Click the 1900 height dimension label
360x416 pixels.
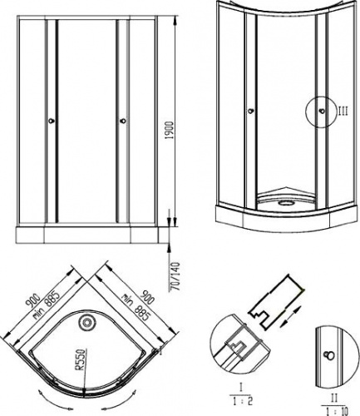click(x=170, y=130)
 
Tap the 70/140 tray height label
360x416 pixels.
click(x=175, y=276)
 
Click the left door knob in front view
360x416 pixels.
click(x=52, y=121)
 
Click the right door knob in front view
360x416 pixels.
click(x=123, y=121)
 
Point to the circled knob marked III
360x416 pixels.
click(x=322, y=111)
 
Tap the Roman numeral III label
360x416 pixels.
click(x=342, y=111)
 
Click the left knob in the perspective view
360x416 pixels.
click(x=251, y=111)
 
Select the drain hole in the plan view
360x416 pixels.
click(x=86, y=323)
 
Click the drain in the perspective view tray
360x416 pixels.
click(x=285, y=203)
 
